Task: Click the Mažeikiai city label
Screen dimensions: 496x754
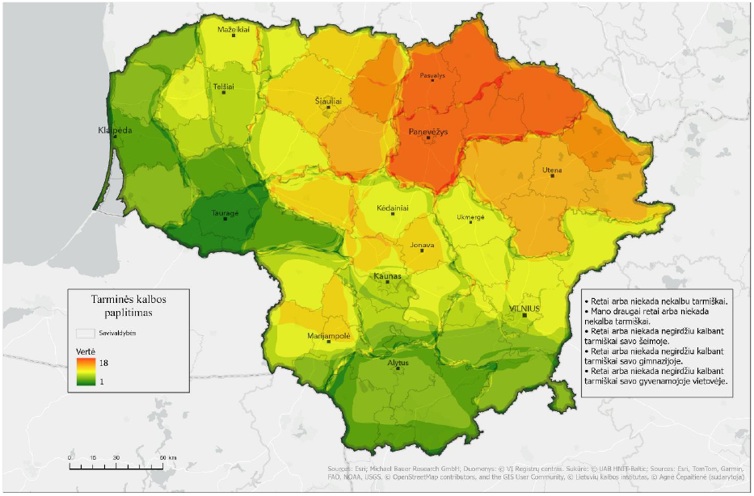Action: tap(234, 29)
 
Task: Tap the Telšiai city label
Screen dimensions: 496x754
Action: tap(224, 86)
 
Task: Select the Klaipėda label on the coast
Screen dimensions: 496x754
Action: tap(114, 129)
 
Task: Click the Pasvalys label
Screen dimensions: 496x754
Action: tap(432, 75)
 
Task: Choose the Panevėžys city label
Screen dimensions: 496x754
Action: tap(428, 131)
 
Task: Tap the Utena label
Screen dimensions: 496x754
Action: tap(553, 170)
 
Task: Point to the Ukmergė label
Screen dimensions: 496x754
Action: tap(470, 216)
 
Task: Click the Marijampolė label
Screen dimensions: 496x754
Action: tap(327, 334)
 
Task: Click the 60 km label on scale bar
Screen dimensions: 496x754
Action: tap(166, 458)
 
